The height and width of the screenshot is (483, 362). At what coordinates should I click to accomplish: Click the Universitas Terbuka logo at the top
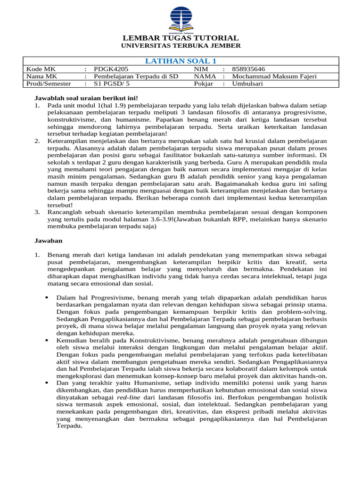pos(181,18)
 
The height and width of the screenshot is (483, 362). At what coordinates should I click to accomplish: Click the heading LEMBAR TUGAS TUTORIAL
pos(181,38)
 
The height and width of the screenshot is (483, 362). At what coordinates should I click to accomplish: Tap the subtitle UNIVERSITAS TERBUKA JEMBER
pos(181,46)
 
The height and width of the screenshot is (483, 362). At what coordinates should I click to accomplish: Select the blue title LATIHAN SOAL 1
pos(181,61)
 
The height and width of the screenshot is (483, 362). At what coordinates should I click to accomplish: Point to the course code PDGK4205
pos(111,68)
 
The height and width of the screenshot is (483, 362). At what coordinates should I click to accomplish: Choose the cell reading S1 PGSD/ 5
pos(112,83)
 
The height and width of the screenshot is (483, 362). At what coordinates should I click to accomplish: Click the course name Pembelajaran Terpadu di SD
pos(136,76)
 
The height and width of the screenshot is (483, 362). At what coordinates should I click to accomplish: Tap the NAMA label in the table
pos(205,76)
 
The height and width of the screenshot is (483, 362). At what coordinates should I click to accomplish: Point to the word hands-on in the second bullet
pos(313,376)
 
